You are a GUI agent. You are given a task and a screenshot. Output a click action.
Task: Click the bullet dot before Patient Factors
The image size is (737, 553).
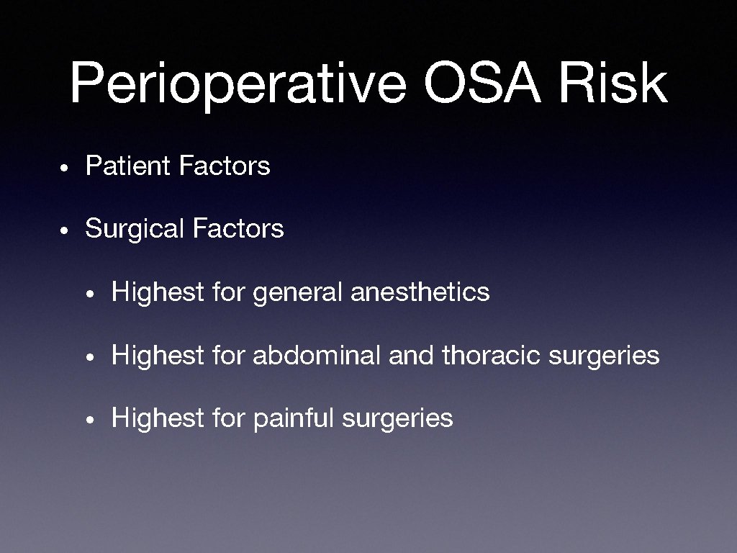pos(64,168)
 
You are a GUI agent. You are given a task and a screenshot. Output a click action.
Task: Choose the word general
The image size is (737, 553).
pos(298,293)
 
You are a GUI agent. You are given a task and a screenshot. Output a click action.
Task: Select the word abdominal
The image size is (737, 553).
pos(316,356)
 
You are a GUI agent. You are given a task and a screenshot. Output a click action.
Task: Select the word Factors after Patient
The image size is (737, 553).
pos(225,166)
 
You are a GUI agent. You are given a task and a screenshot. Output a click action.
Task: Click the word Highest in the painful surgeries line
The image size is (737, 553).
pos(158,418)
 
